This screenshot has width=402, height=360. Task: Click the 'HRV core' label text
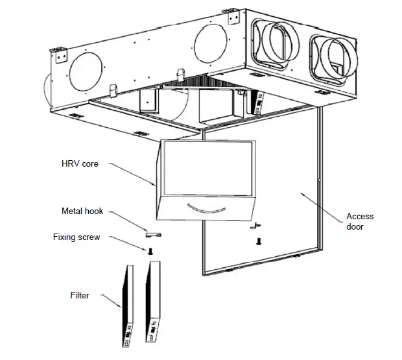tap(80, 164)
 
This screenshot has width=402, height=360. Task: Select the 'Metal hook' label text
tap(82, 211)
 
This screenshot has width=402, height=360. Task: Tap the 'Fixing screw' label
tap(77, 237)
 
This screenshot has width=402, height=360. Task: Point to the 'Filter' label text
tap(79, 295)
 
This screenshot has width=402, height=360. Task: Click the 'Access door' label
tap(360, 221)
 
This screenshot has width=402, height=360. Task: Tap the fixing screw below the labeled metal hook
tap(150, 250)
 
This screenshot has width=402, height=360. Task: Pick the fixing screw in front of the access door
tap(259, 241)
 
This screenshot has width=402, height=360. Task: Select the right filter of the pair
tap(153, 302)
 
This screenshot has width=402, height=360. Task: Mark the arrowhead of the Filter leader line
tap(120, 306)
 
